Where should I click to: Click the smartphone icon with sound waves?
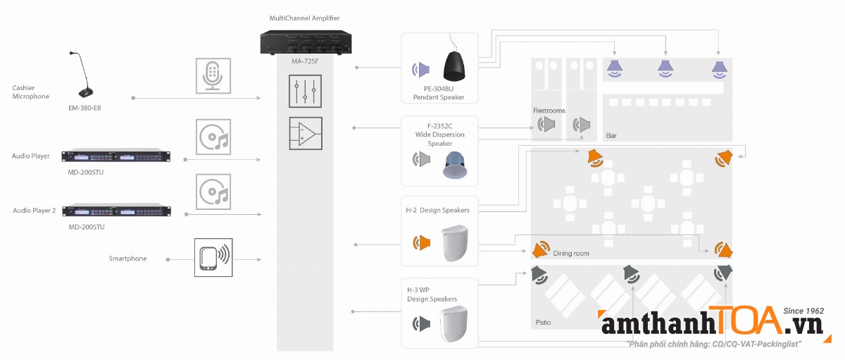click(213, 258)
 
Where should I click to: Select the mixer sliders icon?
click(305, 92)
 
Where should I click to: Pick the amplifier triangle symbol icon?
click(305, 133)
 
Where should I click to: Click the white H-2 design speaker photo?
click(454, 244)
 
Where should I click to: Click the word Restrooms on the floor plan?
click(549, 111)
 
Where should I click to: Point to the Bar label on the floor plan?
click(611, 134)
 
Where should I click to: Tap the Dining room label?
click(571, 253)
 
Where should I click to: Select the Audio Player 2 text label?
click(35, 210)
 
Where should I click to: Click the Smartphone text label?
click(127, 259)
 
